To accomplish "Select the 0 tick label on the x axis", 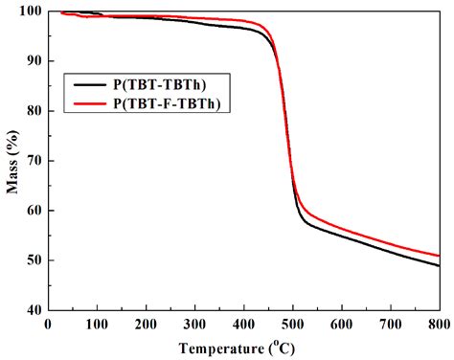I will [48, 323].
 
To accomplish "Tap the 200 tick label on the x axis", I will [146, 323].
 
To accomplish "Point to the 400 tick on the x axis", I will [243, 323].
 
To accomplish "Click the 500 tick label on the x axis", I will [292, 323].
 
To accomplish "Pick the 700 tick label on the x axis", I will [390, 323].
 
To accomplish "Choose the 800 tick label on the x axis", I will [438, 323].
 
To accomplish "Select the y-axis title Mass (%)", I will [12, 160].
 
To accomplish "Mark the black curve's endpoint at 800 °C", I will [439, 265].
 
